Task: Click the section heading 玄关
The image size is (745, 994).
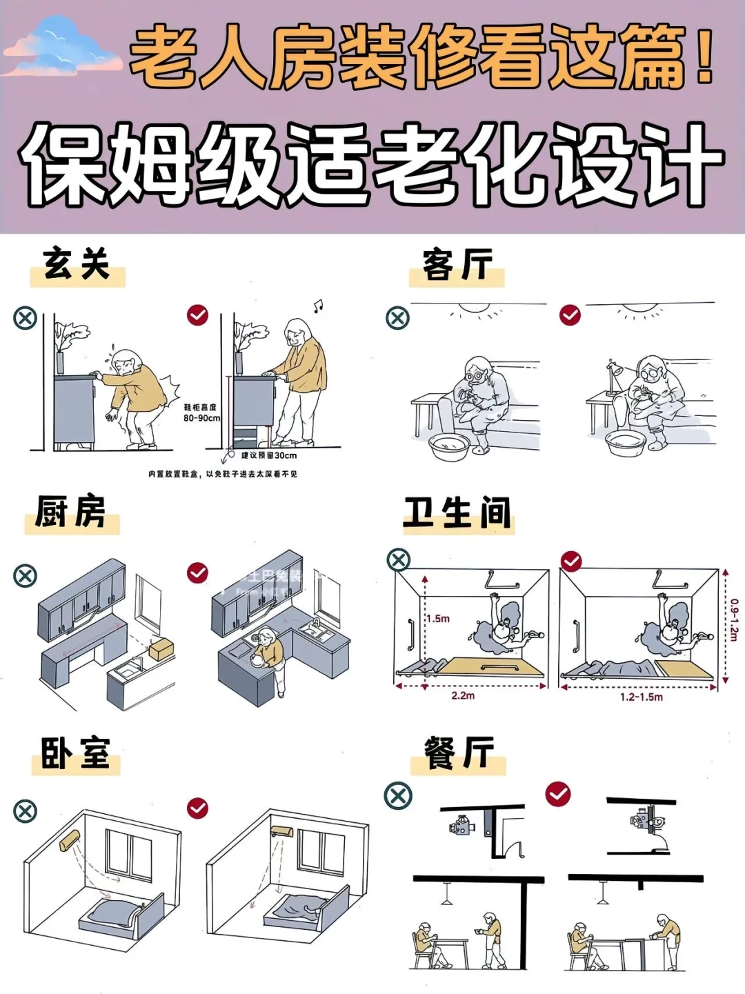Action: [77, 265]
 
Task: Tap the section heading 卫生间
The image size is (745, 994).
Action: [458, 514]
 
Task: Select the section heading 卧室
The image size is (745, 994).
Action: [75, 753]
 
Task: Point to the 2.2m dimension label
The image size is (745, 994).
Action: [463, 695]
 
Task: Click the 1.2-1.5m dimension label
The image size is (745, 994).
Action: [641, 697]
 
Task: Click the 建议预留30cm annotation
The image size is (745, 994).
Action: [268, 455]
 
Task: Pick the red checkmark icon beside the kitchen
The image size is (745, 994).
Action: [198, 573]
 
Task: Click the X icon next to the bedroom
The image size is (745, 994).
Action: [26, 811]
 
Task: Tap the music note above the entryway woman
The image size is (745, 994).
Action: [317, 306]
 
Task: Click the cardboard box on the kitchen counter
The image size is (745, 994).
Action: [161, 648]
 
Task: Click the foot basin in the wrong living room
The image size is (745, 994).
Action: [449, 448]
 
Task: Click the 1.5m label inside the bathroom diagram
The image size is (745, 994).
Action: [437, 619]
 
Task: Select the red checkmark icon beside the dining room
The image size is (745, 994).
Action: [558, 794]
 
